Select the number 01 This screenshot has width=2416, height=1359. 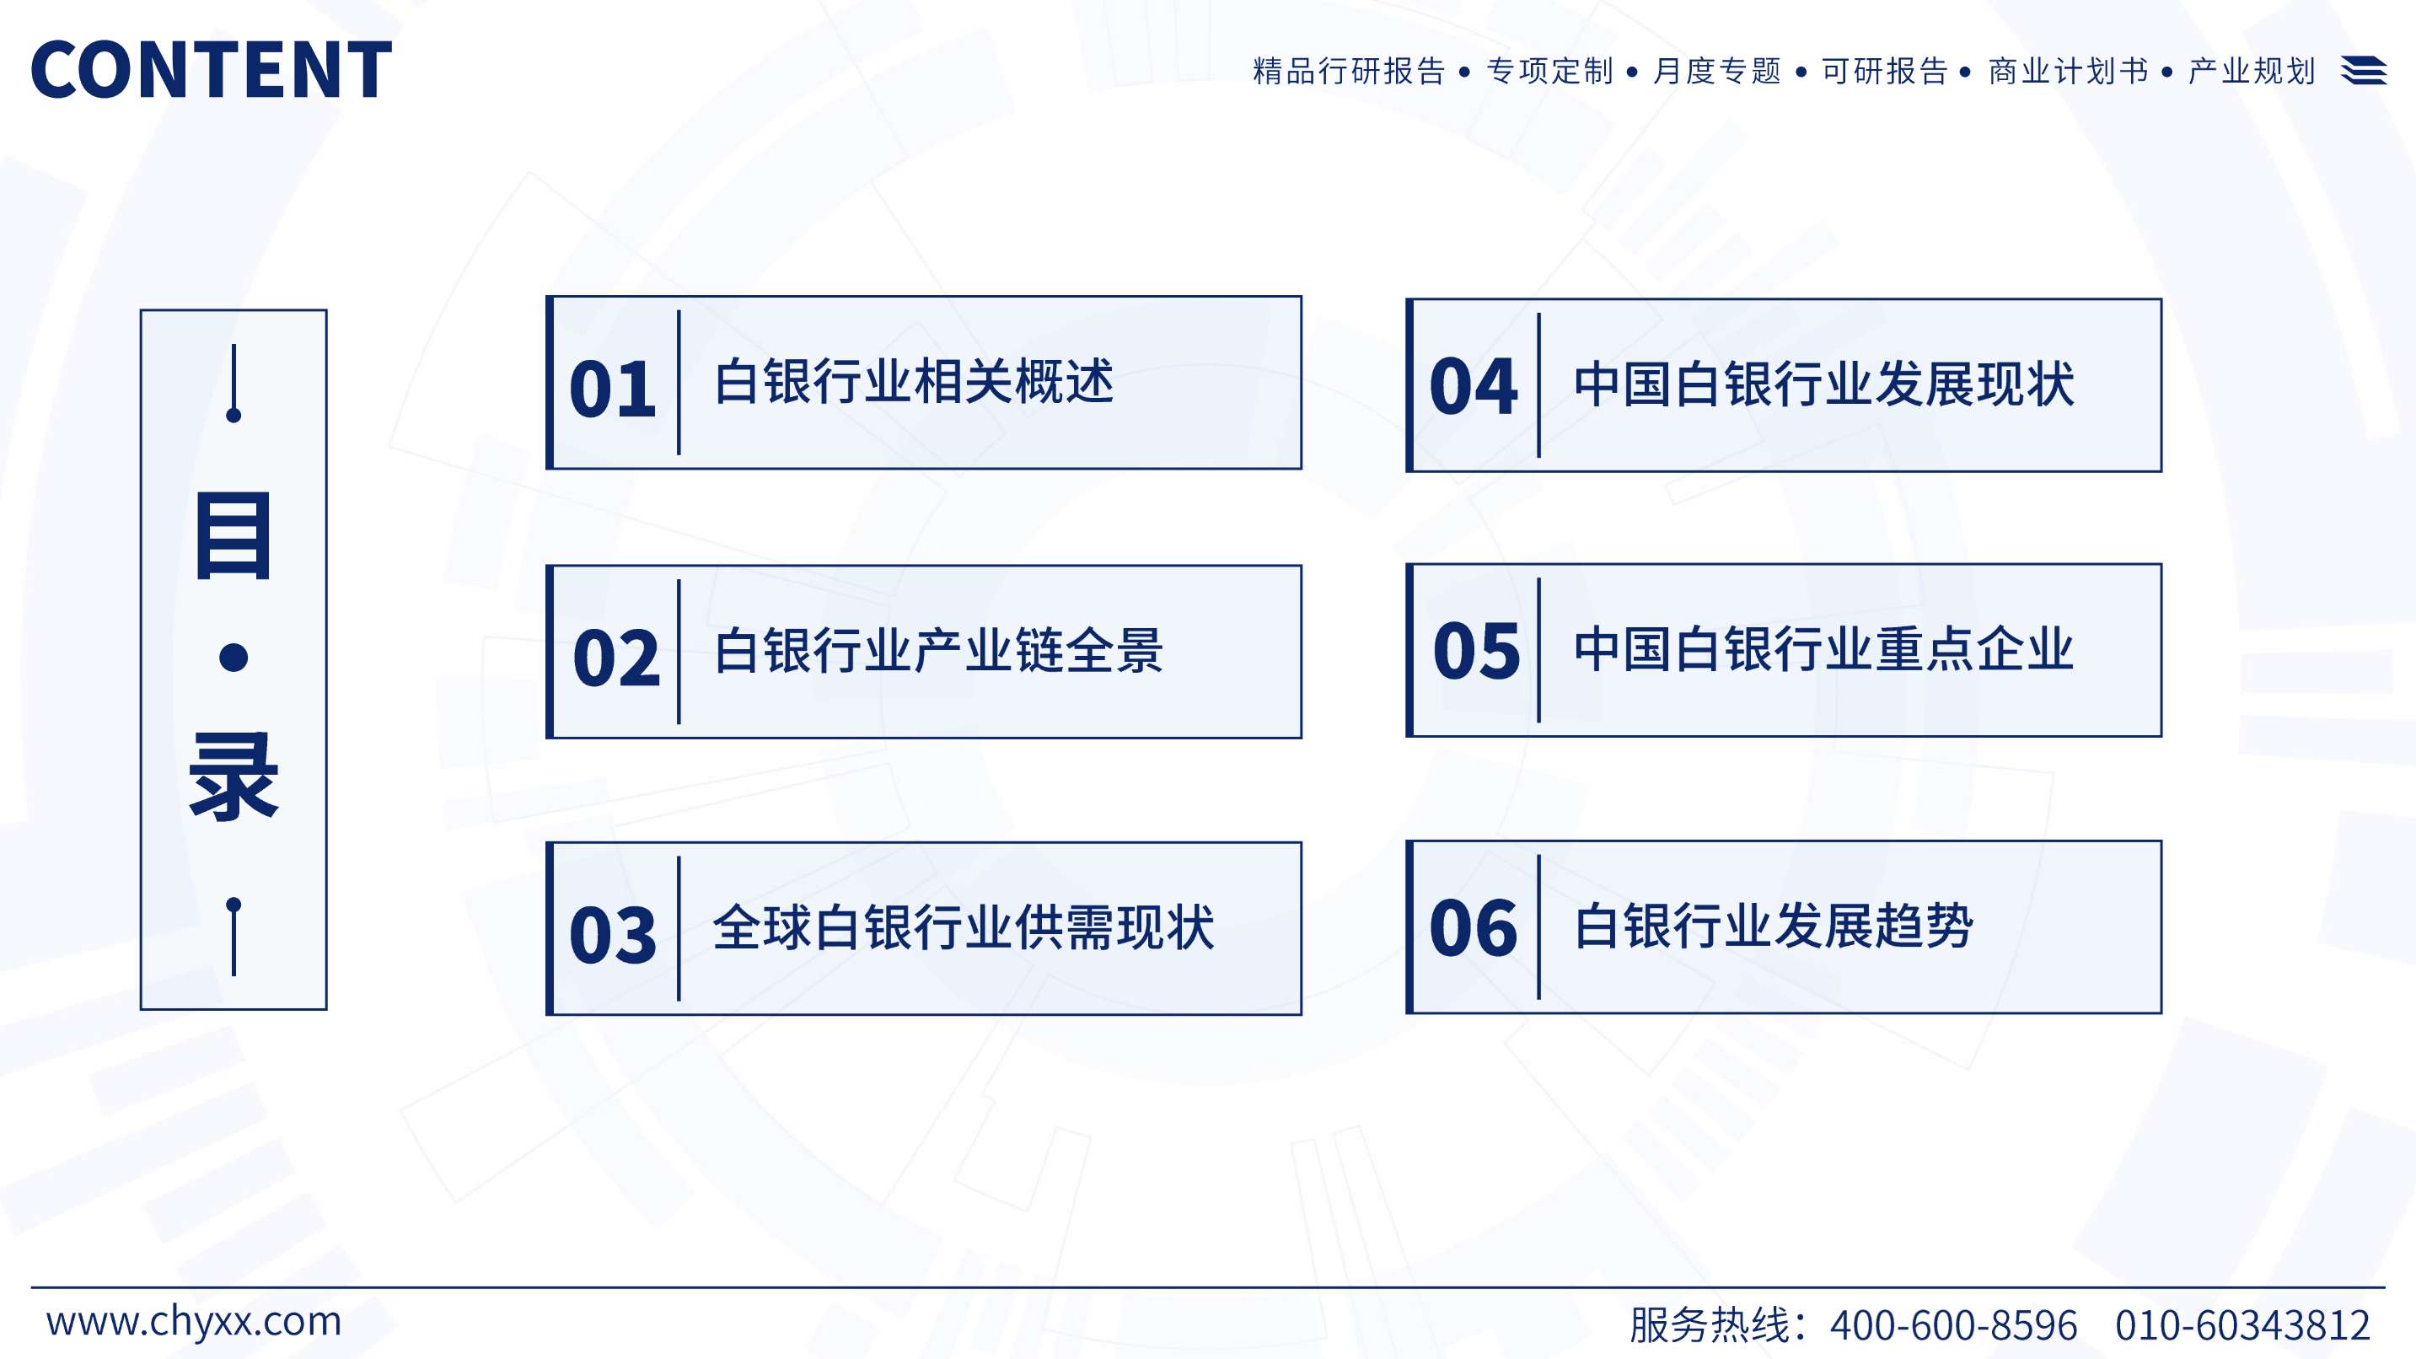click(613, 389)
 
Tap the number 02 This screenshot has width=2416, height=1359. click(616, 658)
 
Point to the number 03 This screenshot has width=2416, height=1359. click(613, 935)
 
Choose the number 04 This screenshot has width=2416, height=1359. click(1474, 386)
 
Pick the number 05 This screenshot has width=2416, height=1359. click(1476, 651)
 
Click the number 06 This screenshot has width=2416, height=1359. click(1474, 928)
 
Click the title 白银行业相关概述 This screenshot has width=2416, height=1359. click(915, 382)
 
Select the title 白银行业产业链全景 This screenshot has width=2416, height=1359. click(939, 651)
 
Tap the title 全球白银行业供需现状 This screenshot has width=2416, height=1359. click(964, 927)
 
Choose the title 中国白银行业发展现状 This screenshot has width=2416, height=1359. click(1824, 384)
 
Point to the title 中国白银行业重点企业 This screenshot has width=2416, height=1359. click(1824, 649)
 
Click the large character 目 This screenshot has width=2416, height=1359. click(234, 536)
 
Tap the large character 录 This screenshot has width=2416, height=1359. click(234, 777)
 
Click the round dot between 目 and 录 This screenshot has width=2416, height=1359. click(234, 658)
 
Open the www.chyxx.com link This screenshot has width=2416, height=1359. click(194, 1322)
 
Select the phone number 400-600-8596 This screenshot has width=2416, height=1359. click(1953, 1325)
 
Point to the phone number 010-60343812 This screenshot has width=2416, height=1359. click(2242, 1325)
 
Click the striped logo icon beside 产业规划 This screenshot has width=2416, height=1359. click(2364, 70)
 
